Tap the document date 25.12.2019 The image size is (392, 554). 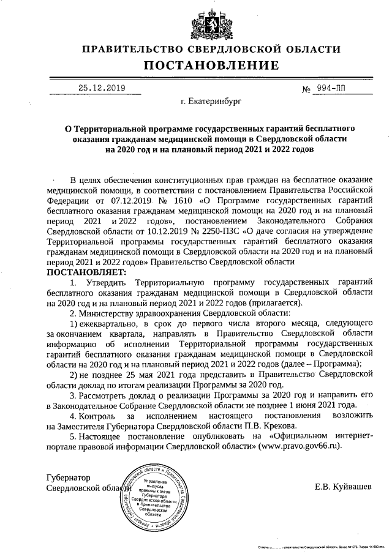102,88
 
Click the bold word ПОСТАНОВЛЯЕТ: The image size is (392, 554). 85,271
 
